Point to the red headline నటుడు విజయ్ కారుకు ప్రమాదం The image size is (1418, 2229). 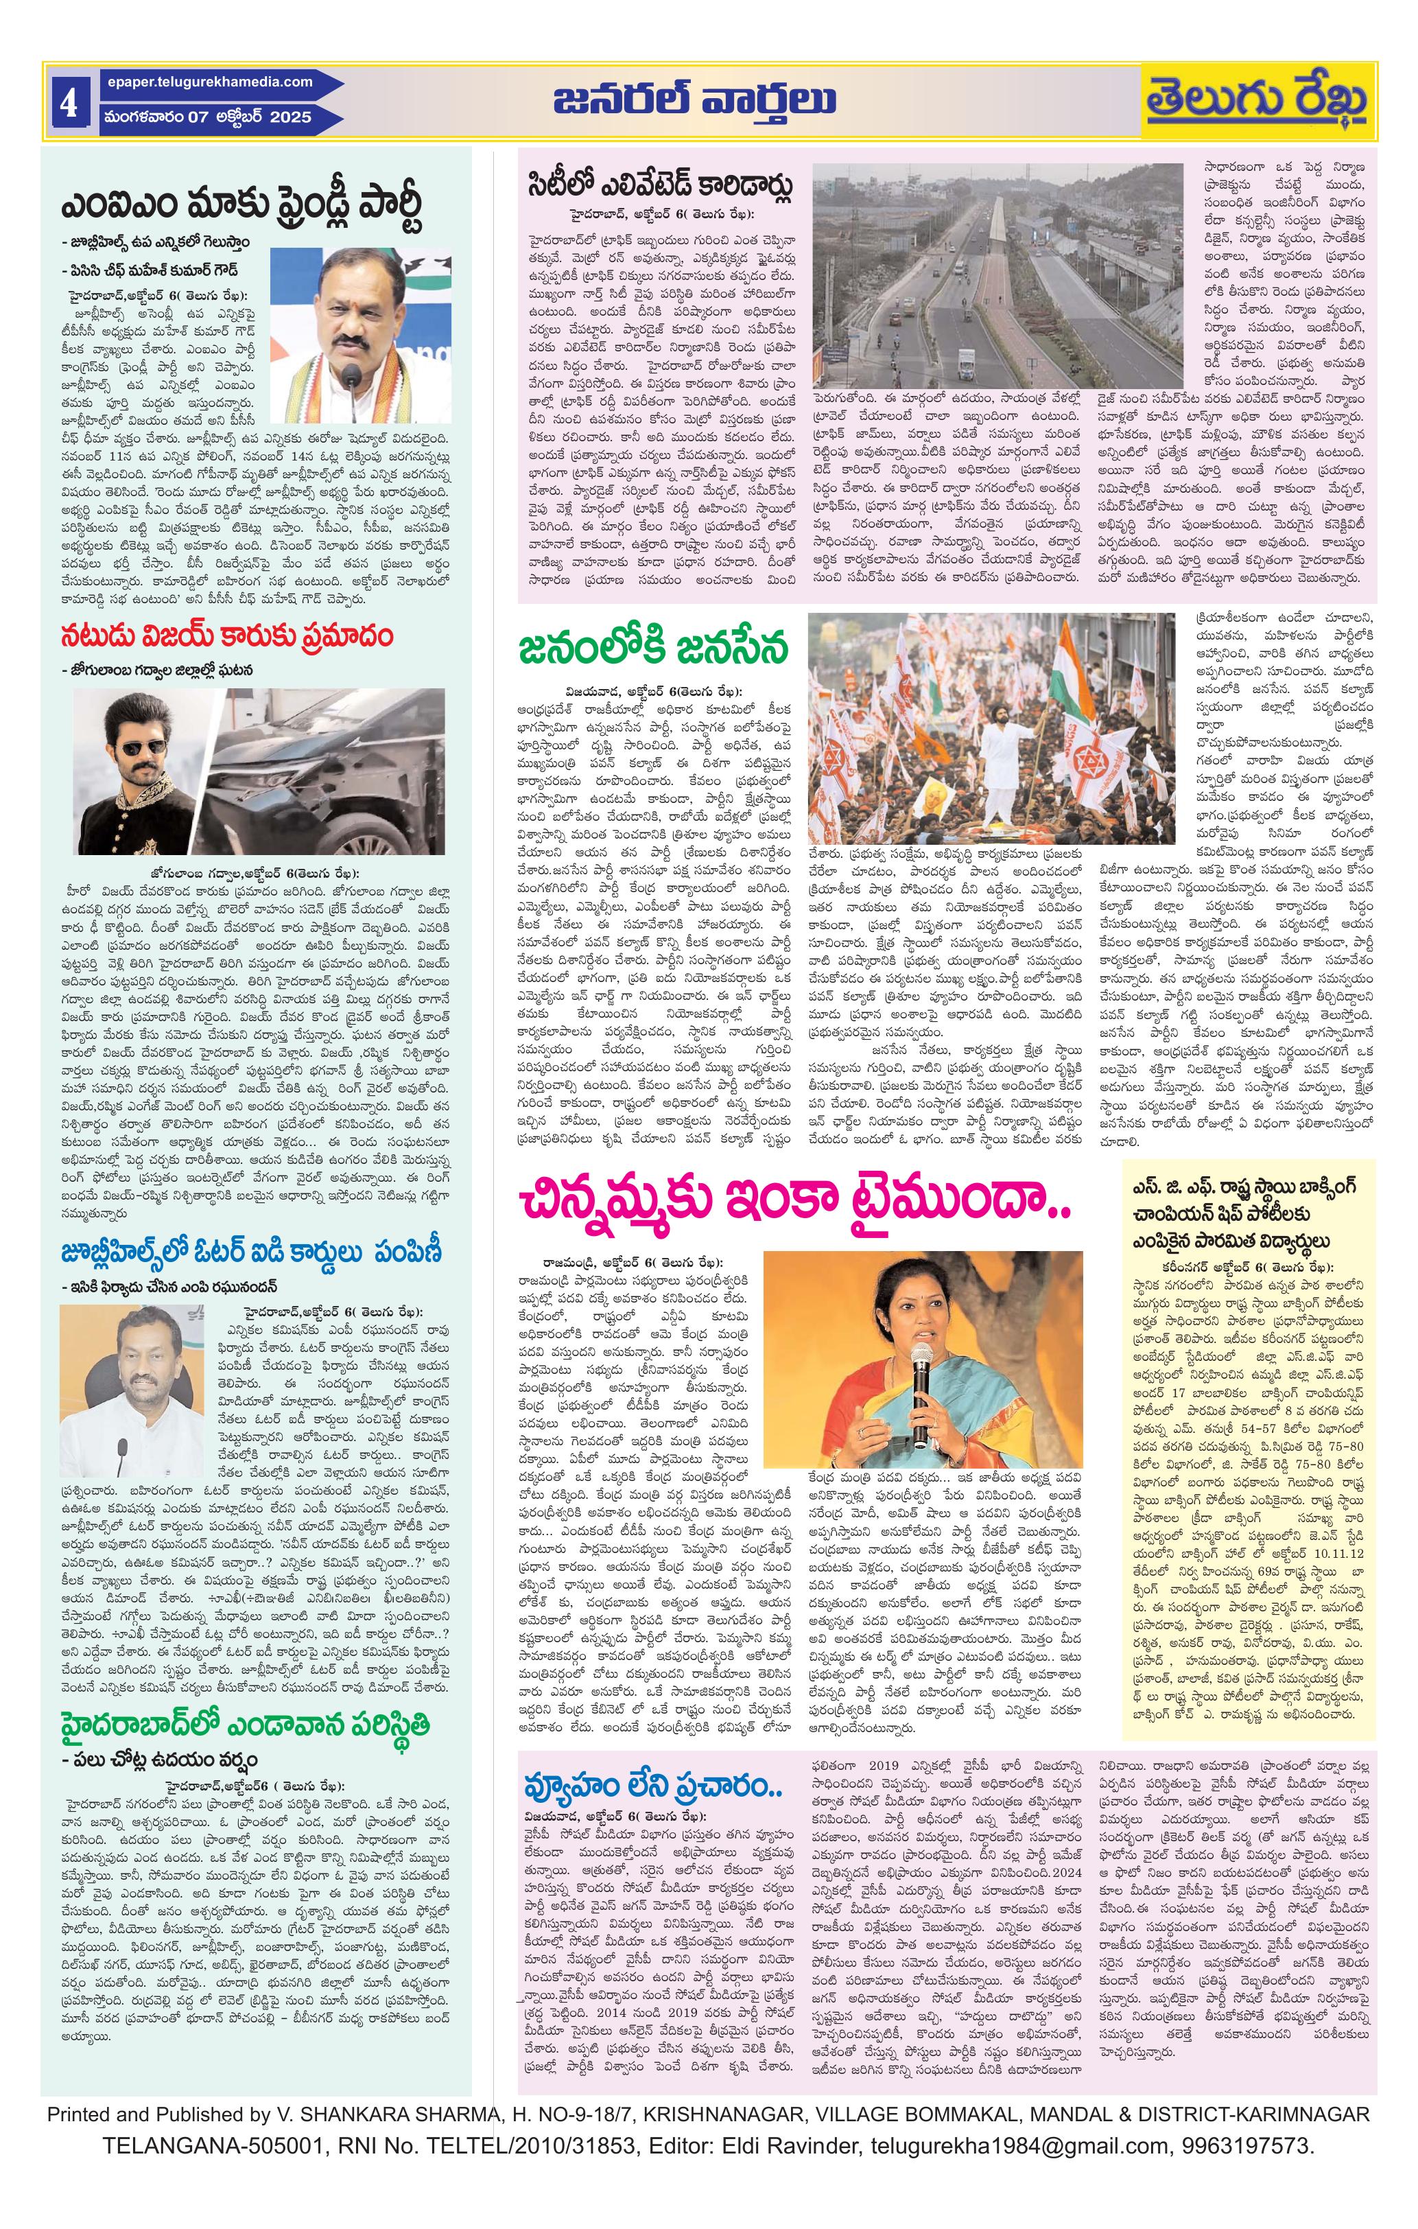(x=227, y=637)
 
